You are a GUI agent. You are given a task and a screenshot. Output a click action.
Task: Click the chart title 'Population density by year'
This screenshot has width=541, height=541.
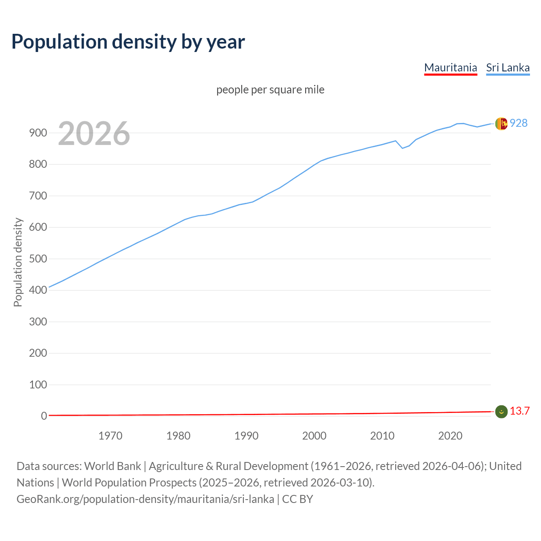[128, 42]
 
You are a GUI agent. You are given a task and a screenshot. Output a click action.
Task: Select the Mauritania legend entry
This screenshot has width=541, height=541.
[451, 68]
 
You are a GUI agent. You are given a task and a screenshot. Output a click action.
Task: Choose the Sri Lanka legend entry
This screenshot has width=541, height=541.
[508, 68]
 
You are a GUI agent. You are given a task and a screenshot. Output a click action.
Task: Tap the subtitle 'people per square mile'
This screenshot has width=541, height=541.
[270, 90]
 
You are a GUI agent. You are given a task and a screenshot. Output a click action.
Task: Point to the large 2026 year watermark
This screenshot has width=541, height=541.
[94, 134]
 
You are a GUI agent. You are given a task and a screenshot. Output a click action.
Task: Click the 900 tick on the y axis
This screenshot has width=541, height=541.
[38, 133]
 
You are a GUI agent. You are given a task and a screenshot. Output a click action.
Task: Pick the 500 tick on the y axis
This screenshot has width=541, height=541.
[38, 259]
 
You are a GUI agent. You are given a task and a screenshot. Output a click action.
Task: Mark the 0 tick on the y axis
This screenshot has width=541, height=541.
[44, 416]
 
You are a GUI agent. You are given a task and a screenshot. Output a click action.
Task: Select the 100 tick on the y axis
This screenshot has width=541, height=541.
[38, 385]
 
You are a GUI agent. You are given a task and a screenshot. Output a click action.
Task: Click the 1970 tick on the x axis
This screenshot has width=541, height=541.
[110, 436]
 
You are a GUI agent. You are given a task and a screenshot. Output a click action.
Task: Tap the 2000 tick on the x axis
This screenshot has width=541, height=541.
[314, 436]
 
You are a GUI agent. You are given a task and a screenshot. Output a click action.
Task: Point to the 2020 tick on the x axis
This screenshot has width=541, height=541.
[450, 436]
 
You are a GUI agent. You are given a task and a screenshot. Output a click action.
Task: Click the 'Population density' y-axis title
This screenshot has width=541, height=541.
[18, 262]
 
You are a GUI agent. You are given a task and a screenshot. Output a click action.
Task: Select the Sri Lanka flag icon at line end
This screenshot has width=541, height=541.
[501, 123]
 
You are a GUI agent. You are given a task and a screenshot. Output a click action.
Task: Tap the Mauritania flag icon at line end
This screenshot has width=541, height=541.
[501, 411]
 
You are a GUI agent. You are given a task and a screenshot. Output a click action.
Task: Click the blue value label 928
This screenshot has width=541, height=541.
[519, 123]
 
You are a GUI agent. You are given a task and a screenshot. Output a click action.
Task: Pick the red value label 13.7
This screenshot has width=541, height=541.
[519, 411]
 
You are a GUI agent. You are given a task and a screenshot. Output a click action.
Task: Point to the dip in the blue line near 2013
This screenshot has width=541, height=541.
[402, 148]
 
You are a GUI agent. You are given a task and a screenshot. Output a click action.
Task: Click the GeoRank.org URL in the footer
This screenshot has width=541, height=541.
[145, 499]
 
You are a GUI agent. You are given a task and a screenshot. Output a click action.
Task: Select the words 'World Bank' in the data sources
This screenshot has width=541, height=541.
[112, 466]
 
